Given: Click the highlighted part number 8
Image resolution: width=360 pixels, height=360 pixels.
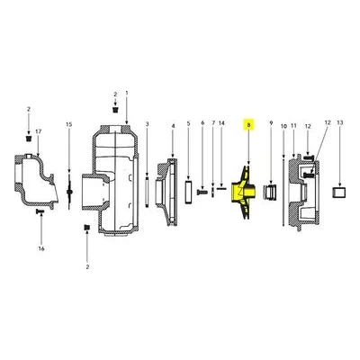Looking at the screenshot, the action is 248,123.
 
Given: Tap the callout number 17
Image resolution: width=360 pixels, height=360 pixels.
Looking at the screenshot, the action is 38,131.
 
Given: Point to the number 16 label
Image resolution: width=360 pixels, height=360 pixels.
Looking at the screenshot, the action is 41,248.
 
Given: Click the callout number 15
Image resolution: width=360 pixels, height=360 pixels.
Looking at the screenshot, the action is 69,124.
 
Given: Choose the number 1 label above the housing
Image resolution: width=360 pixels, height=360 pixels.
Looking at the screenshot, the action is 127,94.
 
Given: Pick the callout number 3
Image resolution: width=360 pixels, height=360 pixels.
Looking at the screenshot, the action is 147,123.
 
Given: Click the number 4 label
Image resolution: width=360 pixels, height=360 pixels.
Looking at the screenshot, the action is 173,126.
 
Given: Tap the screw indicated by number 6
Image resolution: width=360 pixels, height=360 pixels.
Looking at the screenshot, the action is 202,192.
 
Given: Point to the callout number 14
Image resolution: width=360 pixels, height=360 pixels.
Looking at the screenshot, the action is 221,123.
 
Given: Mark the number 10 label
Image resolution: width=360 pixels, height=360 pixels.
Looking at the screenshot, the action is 283,126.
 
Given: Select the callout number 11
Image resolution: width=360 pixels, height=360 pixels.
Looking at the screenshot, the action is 293,126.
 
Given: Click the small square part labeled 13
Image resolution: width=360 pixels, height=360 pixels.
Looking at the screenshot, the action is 338,193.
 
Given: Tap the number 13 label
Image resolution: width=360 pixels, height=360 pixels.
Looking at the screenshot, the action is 340,122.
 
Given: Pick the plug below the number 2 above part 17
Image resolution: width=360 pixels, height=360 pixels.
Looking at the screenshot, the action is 29,139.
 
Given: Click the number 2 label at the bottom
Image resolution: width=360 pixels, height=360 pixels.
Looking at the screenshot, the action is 87,267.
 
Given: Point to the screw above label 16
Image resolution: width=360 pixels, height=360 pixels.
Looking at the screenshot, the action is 40,211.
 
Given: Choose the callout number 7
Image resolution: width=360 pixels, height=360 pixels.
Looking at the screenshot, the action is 213,123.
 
